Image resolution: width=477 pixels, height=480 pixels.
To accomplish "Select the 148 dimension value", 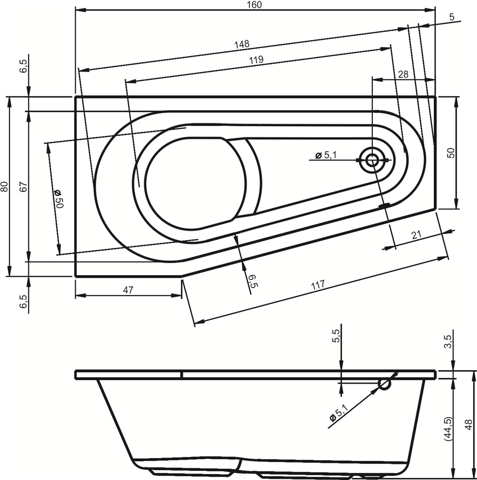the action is pyautogui.click(x=242, y=44).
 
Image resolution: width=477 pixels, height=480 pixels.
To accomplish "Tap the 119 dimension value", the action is pyautogui.click(x=256, y=59).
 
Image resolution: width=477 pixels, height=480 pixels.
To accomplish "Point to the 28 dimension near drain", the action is pyautogui.click(x=403, y=74).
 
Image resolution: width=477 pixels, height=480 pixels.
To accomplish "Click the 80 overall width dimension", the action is pyautogui.click(x=4, y=187).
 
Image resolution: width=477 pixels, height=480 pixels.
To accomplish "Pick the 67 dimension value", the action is pyautogui.click(x=24, y=187).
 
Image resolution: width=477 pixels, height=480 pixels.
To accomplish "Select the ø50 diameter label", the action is pyautogui.click(x=58, y=199).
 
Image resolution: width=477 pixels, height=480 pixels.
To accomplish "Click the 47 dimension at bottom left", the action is pyautogui.click(x=128, y=290).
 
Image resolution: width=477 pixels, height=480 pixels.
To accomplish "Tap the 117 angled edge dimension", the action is pyautogui.click(x=318, y=285).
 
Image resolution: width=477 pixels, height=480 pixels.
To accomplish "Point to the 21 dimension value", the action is pyautogui.click(x=416, y=235).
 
